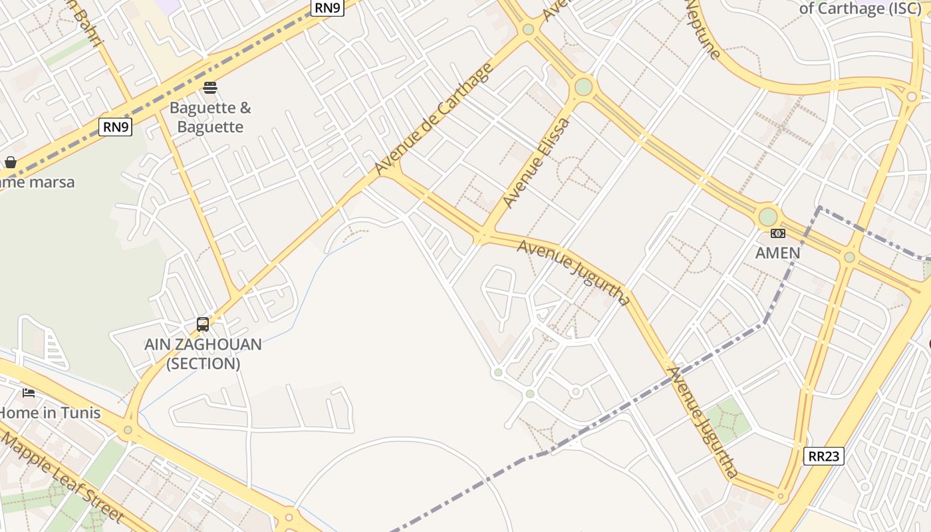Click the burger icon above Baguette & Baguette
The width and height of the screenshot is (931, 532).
tap(210, 87)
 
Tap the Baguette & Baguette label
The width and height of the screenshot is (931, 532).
tap(210, 117)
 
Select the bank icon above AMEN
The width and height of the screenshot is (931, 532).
tap(777, 233)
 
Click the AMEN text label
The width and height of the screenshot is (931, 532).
tap(777, 253)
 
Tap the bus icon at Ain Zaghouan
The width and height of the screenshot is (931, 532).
tap(203, 325)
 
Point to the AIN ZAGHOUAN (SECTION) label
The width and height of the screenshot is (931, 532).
tap(203, 354)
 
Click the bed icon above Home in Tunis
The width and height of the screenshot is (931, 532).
tap(29, 392)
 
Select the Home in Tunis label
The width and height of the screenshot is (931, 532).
tap(49, 412)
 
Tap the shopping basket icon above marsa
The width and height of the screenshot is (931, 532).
tap(11, 162)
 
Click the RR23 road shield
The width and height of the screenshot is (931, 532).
tap(824, 456)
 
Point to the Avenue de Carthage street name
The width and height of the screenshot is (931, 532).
tap(434, 120)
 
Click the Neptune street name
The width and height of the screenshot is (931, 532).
tap(702, 30)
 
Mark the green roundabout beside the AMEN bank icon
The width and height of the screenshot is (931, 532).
tap(768, 217)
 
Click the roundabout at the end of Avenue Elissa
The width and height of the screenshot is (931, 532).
tap(583, 86)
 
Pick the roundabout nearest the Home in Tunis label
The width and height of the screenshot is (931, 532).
tap(128, 430)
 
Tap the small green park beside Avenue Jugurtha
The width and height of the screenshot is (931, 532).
tap(728, 420)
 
